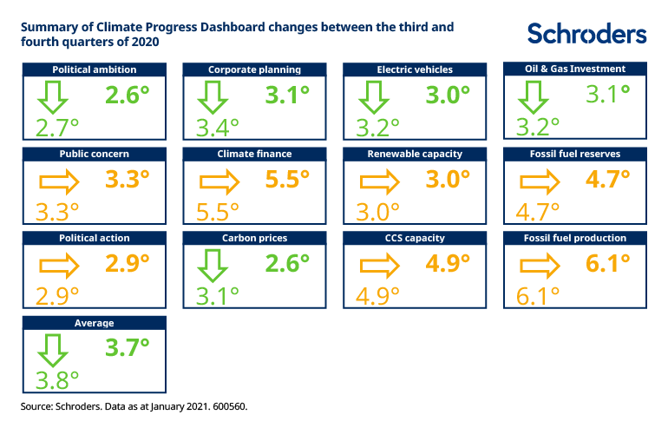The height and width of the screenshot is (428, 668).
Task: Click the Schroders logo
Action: (x=587, y=33)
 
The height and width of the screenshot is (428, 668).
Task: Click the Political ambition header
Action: (x=94, y=69)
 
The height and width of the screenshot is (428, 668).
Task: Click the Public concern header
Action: (x=94, y=154)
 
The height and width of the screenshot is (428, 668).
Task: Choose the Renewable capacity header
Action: (x=415, y=154)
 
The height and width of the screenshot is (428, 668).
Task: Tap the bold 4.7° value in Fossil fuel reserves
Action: (x=609, y=180)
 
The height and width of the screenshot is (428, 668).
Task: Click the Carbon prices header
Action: (x=254, y=238)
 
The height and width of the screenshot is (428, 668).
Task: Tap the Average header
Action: (x=94, y=322)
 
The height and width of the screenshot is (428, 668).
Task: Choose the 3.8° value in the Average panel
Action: (x=57, y=379)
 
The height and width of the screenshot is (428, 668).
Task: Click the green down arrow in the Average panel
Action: (x=55, y=349)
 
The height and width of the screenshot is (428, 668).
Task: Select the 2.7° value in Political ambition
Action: (x=57, y=127)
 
